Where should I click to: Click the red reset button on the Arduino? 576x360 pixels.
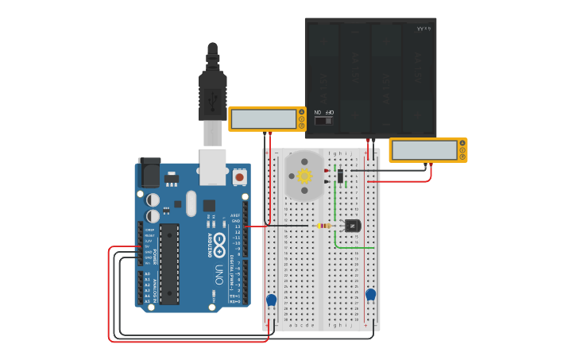click(240, 177)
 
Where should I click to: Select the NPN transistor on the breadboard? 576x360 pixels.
click(352, 226)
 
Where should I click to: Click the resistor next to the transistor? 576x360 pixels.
click(324, 226)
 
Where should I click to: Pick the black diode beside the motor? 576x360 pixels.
click(340, 176)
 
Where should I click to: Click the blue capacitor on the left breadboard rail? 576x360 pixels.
click(272, 300)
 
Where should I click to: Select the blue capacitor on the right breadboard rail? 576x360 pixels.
click(370, 295)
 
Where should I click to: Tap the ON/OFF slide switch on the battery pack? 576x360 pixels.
click(323, 121)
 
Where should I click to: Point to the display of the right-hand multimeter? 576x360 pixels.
click(423, 150)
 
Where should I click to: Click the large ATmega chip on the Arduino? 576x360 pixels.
click(168, 263)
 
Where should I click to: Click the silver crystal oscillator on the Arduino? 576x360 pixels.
click(191, 203)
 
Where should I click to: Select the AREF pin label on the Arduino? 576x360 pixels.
click(235, 215)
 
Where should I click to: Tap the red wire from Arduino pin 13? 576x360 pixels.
click(258, 226)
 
